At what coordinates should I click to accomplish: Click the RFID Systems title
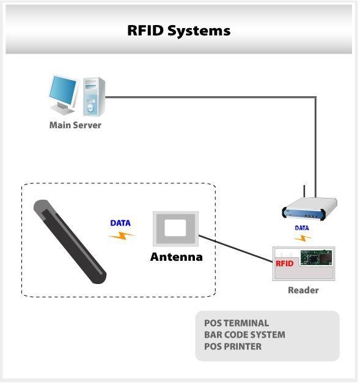(178, 30)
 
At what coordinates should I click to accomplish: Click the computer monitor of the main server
(64, 92)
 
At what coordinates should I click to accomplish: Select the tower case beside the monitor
(94, 95)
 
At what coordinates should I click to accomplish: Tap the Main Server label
(75, 125)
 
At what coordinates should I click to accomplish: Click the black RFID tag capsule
(70, 241)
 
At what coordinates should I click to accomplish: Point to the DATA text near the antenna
(120, 223)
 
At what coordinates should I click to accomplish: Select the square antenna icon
(175, 230)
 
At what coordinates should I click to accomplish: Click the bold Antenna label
(176, 257)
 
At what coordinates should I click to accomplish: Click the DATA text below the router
(302, 228)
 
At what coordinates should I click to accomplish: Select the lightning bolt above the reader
(303, 238)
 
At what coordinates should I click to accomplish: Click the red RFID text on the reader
(285, 264)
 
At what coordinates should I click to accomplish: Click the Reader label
(303, 290)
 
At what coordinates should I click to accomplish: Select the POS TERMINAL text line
(237, 323)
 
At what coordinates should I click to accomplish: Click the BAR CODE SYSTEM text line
(244, 335)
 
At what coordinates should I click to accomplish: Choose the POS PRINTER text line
(233, 346)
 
